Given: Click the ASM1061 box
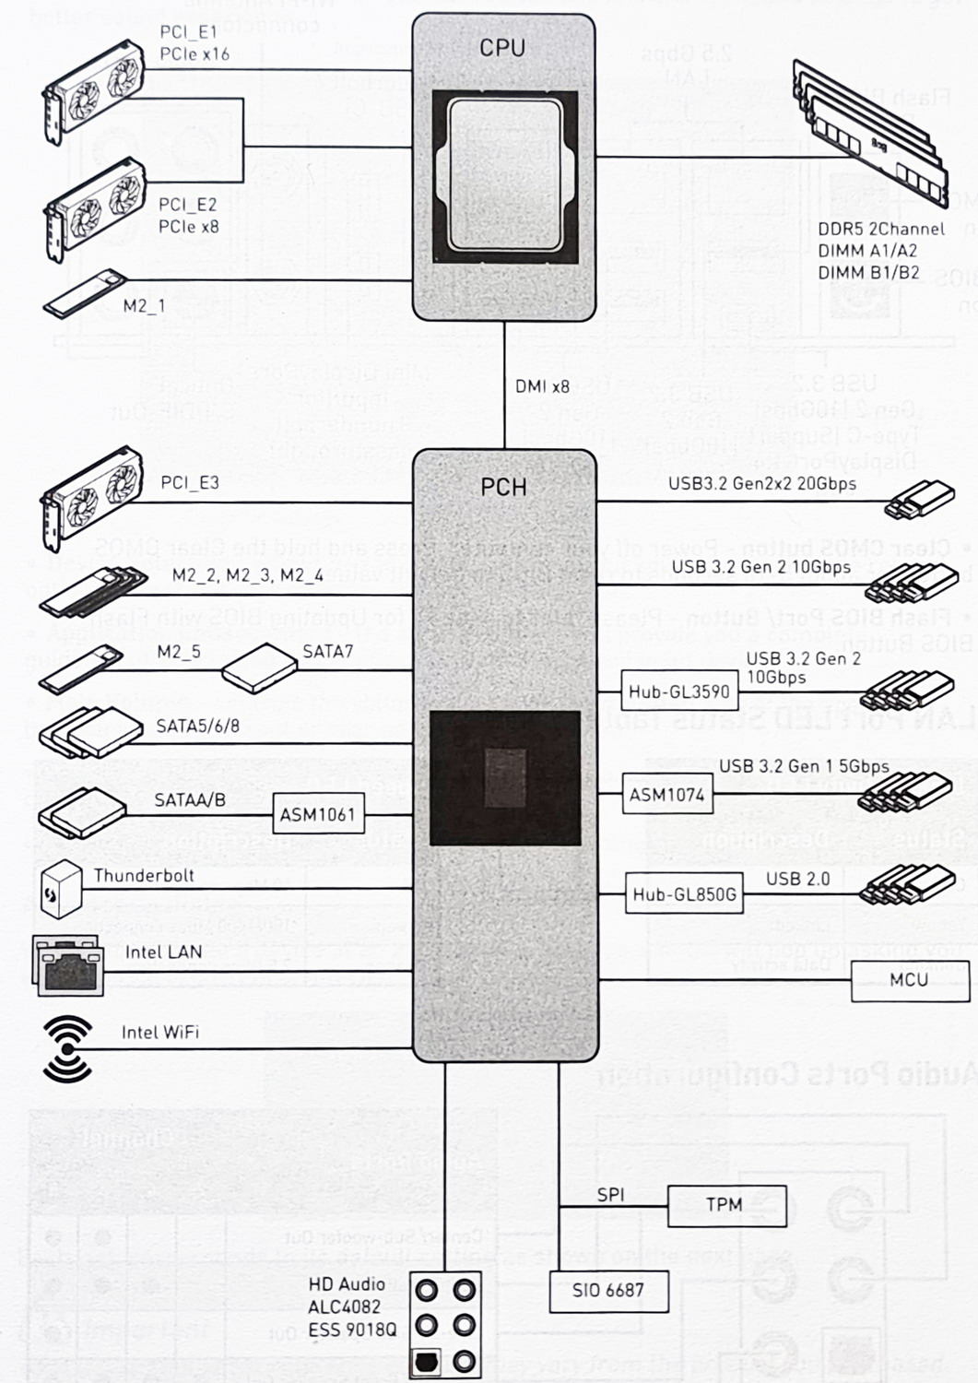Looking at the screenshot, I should pyautogui.click(x=317, y=815).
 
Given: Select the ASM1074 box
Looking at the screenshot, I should pyautogui.click(x=666, y=795).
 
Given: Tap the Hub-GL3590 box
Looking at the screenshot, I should pyautogui.click(x=678, y=691).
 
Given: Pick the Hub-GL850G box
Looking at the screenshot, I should pyautogui.click(x=684, y=893).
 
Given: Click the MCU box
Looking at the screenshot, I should pyautogui.click(x=909, y=980).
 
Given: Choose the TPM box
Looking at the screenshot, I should pyautogui.click(x=725, y=1205).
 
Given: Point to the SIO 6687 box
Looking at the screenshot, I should pyautogui.click(x=607, y=1291).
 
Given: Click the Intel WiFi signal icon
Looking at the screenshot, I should pyautogui.click(x=67, y=1048).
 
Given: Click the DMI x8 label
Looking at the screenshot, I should pyautogui.click(x=542, y=386).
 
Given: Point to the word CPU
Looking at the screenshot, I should pyautogui.click(x=502, y=47).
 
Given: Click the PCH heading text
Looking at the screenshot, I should pyautogui.click(x=503, y=486).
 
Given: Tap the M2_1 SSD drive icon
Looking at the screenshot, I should pyautogui.click(x=84, y=294).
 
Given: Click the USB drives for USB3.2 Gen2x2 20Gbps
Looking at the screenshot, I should pyautogui.click(x=918, y=500).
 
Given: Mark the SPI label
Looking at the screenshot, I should pyautogui.click(x=610, y=1194).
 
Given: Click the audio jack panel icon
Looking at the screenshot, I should pyautogui.click(x=445, y=1325).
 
